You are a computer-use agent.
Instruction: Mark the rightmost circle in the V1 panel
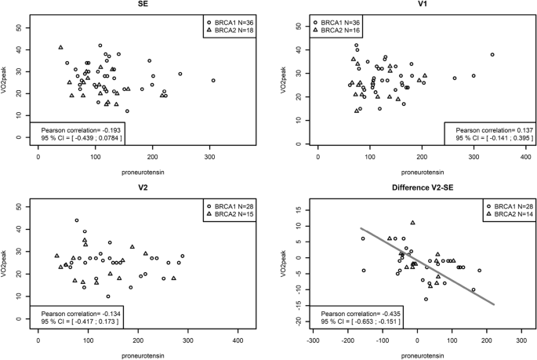pyautogui.click(x=492, y=55)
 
